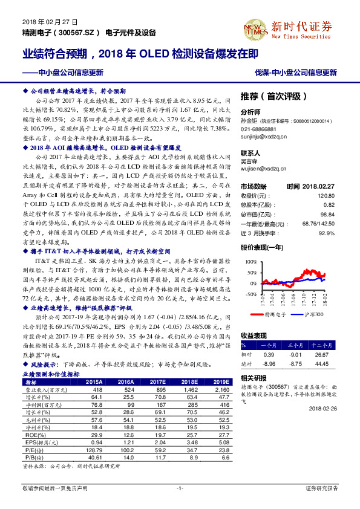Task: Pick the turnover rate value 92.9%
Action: [x=327, y=233]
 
